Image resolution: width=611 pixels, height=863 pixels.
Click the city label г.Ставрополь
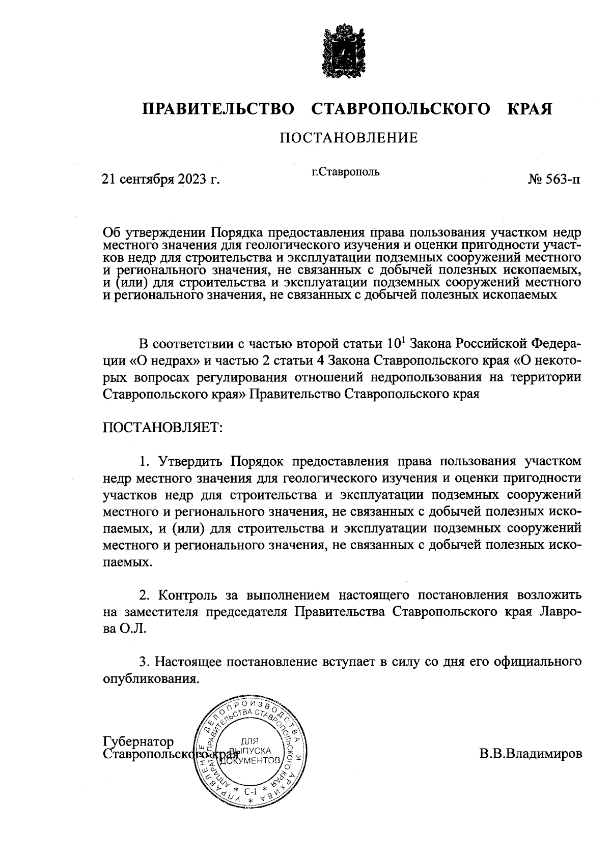tap(345, 172)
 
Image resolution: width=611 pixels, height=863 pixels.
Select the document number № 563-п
tap(554, 180)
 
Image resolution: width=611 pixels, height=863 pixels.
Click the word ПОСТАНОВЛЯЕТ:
tap(163, 427)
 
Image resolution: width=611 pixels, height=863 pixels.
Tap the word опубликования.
tap(150, 679)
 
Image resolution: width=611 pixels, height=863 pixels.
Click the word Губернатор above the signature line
tap(138, 741)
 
